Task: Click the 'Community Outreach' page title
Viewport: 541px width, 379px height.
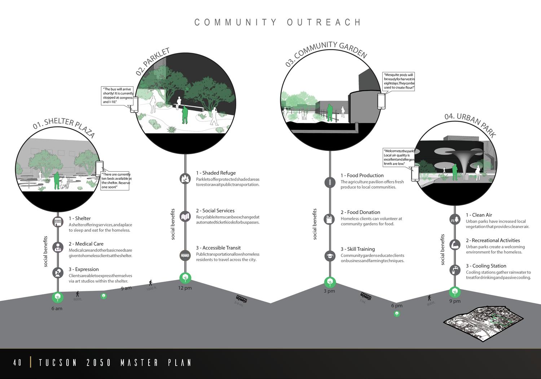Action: click(277, 22)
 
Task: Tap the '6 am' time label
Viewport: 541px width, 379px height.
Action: click(57, 309)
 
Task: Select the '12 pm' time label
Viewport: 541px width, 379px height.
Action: click(185, 288)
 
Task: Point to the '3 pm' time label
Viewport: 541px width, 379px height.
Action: click(329, 291)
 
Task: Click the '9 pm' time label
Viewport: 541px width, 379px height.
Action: click(455, 301)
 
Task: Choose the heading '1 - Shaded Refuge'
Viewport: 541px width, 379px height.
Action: click(216, 173)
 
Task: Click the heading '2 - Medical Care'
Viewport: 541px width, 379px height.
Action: click(86, 244)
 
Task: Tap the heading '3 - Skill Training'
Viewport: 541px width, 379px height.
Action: click(357, 249)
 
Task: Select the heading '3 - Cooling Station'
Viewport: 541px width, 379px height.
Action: click(486, 266)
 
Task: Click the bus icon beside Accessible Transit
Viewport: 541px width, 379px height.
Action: click(185, 256)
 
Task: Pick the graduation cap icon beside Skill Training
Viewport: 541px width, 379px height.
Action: click(330, 256)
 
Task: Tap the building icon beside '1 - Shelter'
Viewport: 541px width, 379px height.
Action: click(58, 222)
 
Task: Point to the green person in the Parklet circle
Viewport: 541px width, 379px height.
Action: click(185, 115)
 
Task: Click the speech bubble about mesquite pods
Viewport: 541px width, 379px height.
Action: click(399, 81)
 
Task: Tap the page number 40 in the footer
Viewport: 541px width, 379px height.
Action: click(17, 362)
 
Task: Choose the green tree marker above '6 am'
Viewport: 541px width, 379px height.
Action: click(57, 297)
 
